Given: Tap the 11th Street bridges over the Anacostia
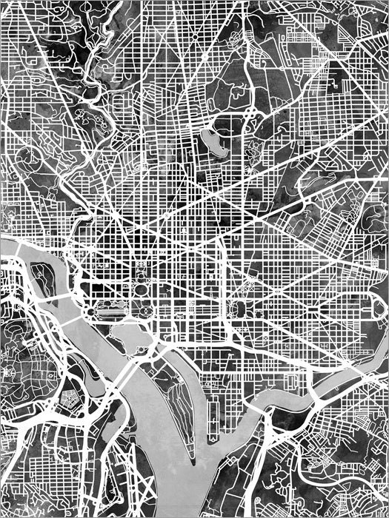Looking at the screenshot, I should (285, 385).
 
